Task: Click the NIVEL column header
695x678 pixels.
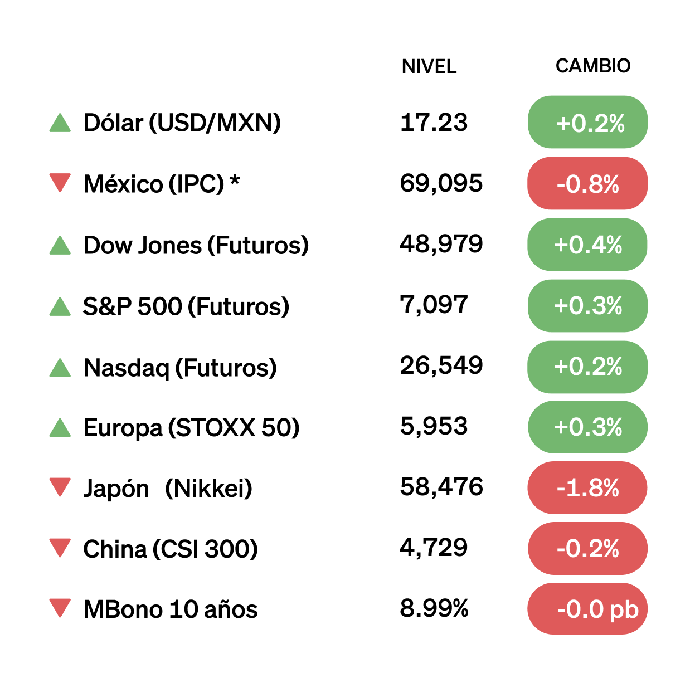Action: (429, 66)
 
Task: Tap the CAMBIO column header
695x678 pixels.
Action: (592, 66)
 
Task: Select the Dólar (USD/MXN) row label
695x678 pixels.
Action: (182, 123)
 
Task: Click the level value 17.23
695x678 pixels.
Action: (434, 122)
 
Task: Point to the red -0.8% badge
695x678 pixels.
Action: (587, 183)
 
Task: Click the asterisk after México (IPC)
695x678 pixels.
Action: (235, 181)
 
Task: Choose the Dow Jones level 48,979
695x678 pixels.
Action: (441, 244)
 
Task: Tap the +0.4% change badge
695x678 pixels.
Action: (587, 245)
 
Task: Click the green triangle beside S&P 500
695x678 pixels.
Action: (60, 306)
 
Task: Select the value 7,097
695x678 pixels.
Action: (434, 305)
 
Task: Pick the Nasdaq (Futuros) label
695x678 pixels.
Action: (179, 368)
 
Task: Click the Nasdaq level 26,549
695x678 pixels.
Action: (441, 365)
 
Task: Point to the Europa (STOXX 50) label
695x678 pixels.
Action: (191, 428)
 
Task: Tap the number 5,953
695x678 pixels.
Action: (434, 426)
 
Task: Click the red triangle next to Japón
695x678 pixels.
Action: (60, 486)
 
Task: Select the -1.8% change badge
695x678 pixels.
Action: (587, 488)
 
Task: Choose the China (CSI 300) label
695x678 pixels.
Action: (170, 549)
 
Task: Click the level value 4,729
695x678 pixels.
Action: (434, 548)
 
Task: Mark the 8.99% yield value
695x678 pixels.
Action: (434, 608)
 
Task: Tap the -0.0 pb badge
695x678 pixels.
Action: (587, 609)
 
